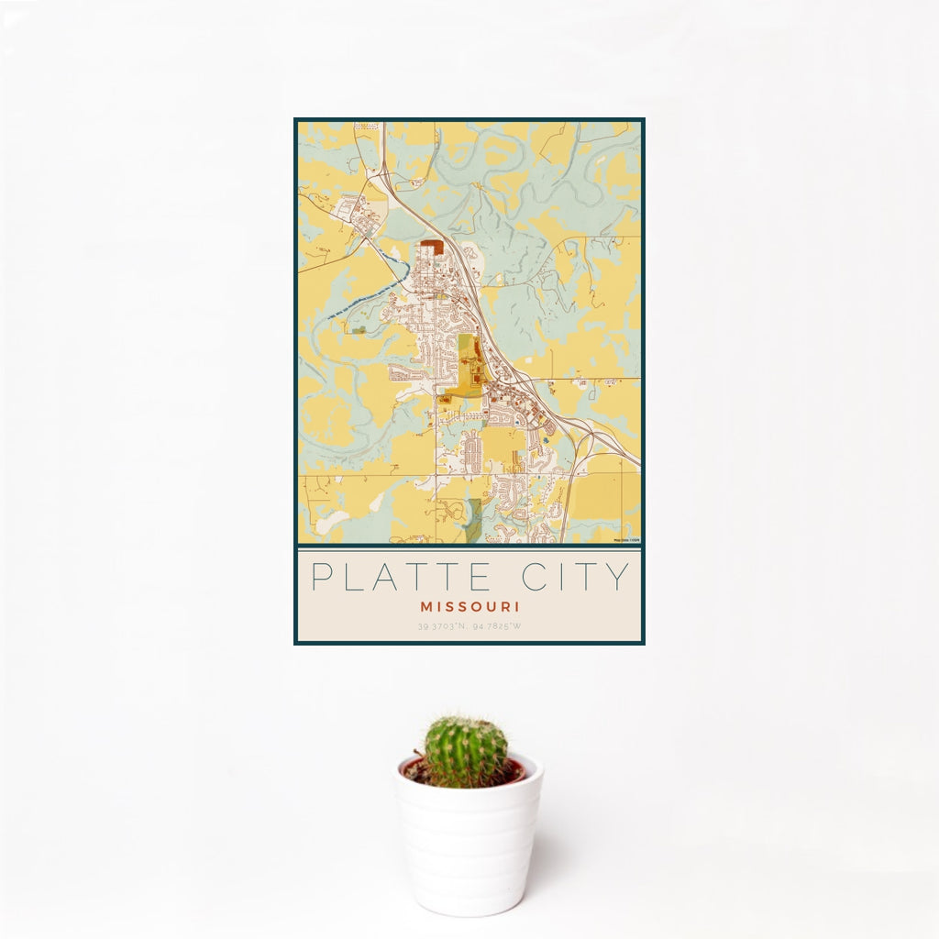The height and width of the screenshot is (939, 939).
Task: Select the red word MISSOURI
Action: click(469, 606)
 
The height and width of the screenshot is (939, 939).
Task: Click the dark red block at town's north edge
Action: click(431, 246)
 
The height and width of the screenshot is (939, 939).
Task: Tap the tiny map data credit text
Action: click(626, 539)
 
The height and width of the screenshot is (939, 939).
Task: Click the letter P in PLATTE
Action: click(321, 577)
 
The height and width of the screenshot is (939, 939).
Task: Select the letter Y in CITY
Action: click(621, 577)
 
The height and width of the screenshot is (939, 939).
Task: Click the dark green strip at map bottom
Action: click(473, 523)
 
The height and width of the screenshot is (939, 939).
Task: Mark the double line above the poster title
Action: click(469, 547)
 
